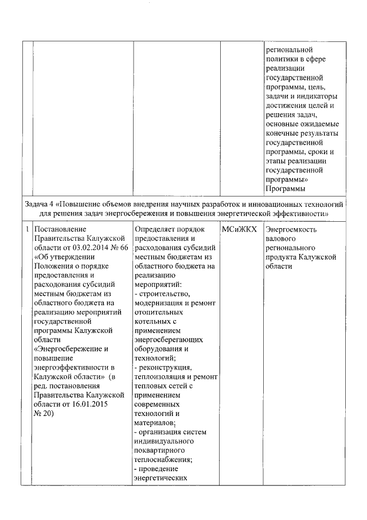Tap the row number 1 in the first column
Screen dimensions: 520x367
point(28,229)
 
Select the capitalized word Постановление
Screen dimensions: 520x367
point(60,229)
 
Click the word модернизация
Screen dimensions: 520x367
point(158,303)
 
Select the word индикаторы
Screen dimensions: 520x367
point(318,96)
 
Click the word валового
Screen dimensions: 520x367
point(281,238)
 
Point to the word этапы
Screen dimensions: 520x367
point(278,160)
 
